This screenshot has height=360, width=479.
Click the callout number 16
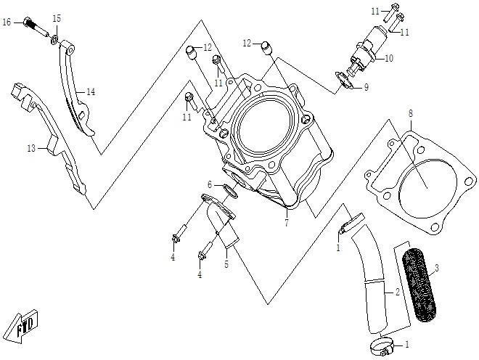point(7,22)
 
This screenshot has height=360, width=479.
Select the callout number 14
point(91,92)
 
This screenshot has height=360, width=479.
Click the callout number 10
point(388,59)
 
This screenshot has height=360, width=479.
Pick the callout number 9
point(366,88)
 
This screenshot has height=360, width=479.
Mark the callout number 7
point(286,222)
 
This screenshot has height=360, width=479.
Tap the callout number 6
point(210,185)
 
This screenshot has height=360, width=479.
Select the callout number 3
point(436,269)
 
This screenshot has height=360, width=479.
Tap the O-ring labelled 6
point(232,190)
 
